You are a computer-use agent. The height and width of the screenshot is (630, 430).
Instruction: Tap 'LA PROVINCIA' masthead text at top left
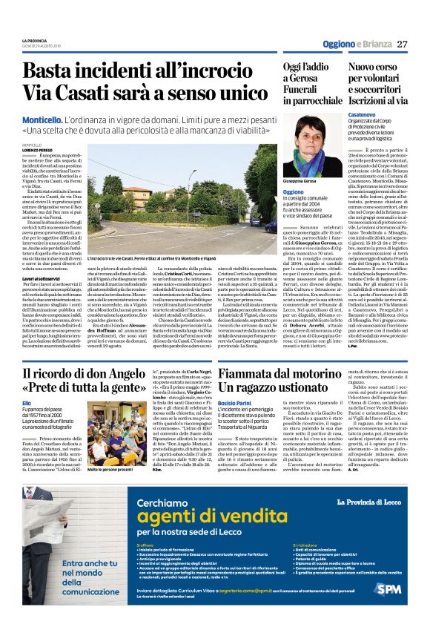[x=34, y=40]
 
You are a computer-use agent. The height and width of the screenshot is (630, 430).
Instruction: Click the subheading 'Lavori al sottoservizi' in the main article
[x=40, y=298]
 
